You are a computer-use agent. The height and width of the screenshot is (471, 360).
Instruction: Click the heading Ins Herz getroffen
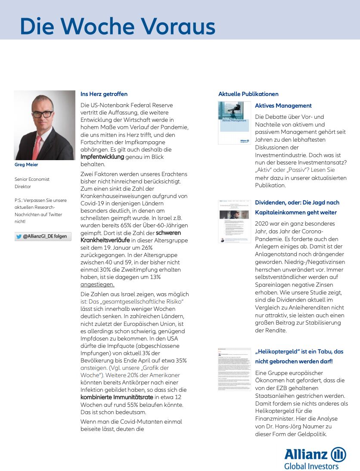[104, 94]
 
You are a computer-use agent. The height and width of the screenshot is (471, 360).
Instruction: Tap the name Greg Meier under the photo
[27, 164]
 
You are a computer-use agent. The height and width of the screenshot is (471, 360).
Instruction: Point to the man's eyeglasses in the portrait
[42, 114]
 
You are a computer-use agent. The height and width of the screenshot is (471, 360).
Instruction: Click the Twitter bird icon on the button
[19, 236]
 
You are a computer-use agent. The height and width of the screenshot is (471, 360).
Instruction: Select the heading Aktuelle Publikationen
[248, 94]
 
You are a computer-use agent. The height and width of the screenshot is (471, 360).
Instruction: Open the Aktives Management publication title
[283, 105]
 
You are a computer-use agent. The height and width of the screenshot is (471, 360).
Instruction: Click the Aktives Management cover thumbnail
[234, 123]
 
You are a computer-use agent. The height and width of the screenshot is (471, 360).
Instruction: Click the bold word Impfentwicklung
[102, 157]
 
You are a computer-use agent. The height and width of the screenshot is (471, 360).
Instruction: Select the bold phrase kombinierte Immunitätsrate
[117, 397]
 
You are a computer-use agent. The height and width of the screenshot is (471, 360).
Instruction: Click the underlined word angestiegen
[97, 285]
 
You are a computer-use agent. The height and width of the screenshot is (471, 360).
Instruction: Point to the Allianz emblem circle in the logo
[338, 455]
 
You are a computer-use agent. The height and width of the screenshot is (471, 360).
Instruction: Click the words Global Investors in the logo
[311, 466]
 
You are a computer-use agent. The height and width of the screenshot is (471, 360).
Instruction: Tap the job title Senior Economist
[32, 179]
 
